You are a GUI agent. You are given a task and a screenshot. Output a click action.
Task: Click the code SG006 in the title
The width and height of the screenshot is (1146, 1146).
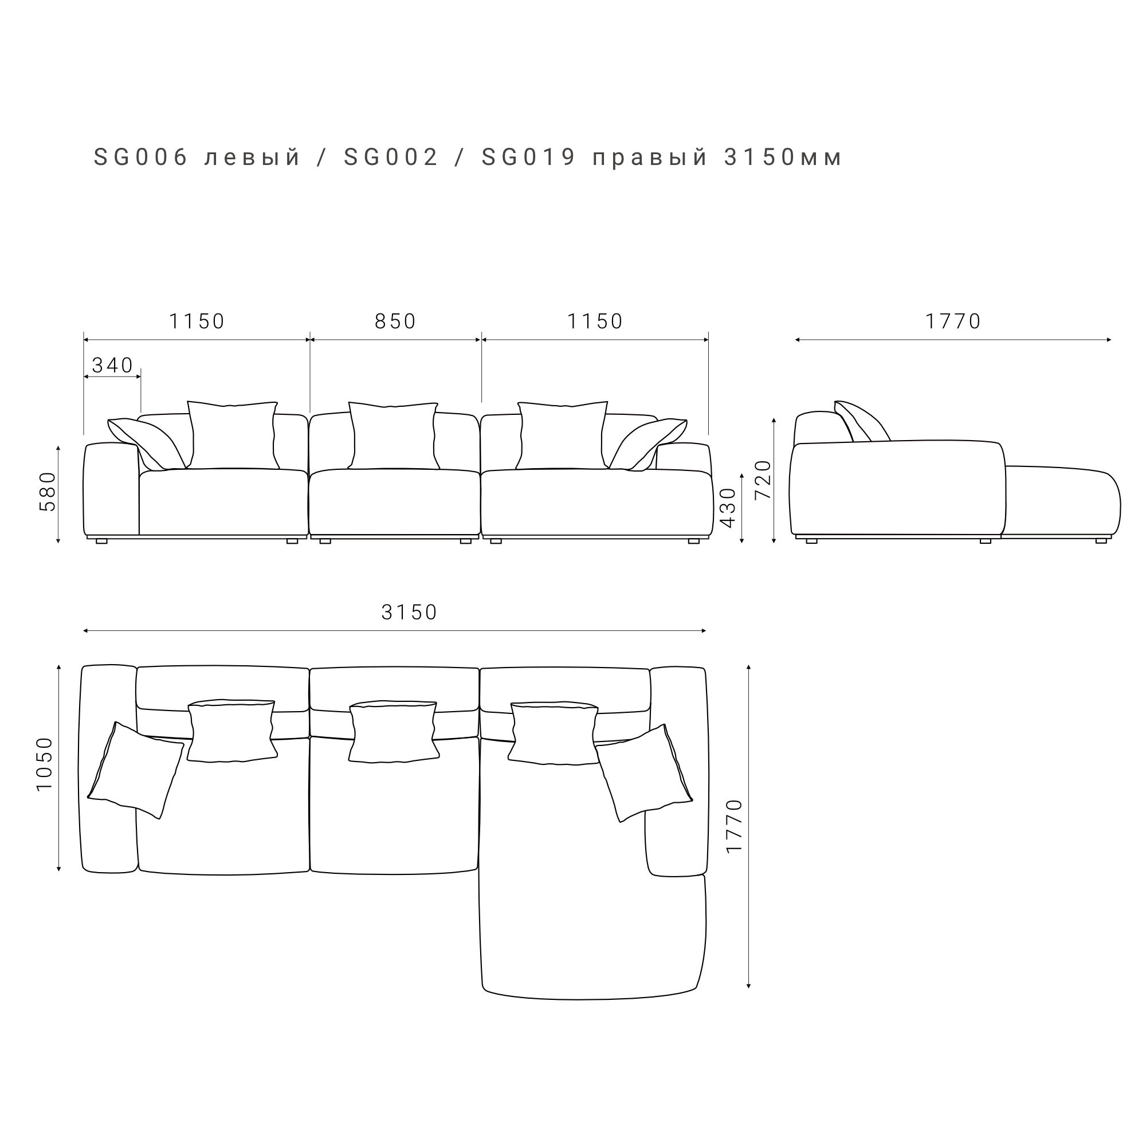140,157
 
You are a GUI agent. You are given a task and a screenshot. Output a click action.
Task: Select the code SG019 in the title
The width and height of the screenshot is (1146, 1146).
528,157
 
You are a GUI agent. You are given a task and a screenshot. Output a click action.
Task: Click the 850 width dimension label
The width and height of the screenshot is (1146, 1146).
395,321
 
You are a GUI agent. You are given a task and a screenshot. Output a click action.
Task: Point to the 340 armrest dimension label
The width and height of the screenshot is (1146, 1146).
113,366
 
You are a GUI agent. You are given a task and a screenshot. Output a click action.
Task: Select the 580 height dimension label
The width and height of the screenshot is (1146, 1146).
48,492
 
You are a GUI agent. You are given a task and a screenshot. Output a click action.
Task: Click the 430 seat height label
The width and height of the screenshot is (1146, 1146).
728,507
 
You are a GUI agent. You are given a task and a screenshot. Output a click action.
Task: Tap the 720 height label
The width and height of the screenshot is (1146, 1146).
763,479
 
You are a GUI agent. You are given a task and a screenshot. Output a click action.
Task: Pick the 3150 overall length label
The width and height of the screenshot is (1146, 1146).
409,612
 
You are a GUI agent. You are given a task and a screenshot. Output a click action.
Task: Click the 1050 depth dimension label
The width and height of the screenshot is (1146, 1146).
45,764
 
